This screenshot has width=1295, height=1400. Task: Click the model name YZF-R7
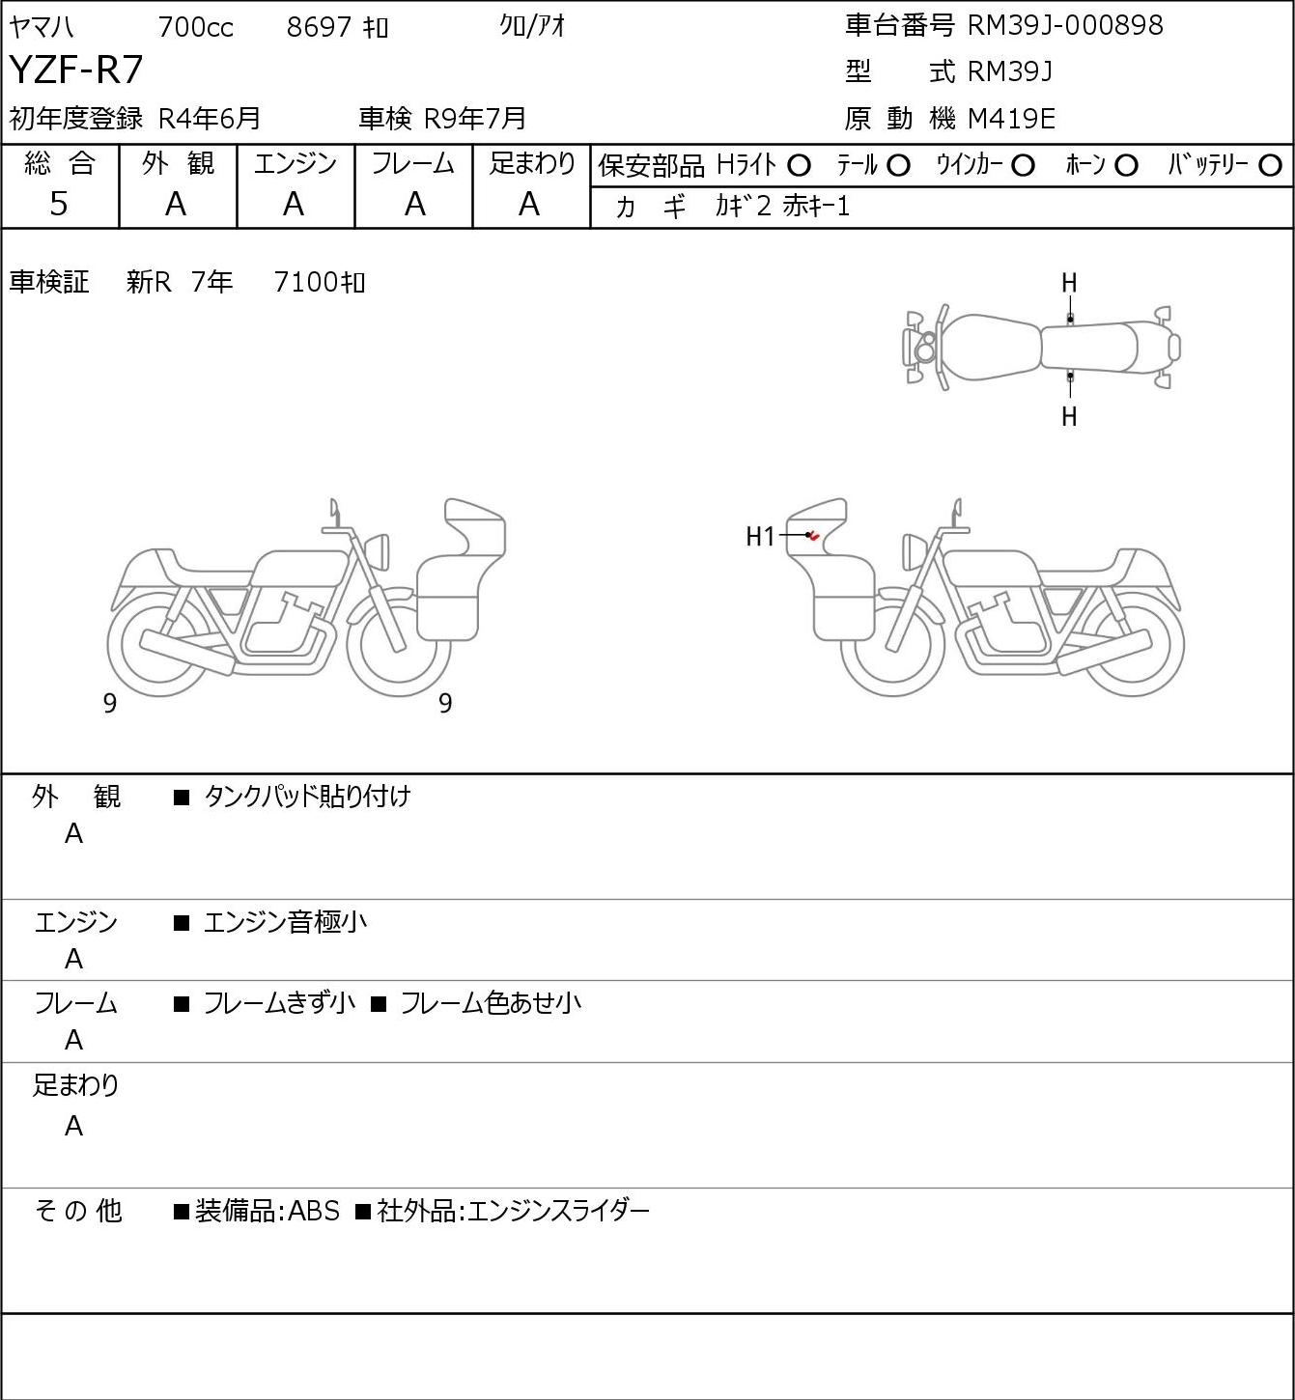point(76,70)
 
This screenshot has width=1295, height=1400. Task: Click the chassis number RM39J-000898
point(1065,25)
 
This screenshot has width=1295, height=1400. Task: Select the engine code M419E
point(1011,119)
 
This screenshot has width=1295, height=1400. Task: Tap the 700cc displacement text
point(195,27)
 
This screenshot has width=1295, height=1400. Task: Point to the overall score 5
point(59,204)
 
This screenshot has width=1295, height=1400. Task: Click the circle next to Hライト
point(799,166)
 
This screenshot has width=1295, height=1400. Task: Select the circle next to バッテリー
point(1270,166)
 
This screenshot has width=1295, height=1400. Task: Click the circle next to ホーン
point(1126,166)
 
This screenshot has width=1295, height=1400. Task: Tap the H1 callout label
point(760,537)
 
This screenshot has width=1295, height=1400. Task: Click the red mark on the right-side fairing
point(814,537)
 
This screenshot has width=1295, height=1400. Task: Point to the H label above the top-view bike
point(1069,284)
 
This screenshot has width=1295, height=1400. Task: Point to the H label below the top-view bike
point(1069,416)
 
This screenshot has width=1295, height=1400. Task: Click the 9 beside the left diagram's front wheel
point(445,703)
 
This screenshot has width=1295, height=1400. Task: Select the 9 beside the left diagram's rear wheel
point(109,703)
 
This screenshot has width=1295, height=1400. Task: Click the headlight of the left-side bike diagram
point(379,552)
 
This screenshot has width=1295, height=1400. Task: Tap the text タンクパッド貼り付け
point(307,797)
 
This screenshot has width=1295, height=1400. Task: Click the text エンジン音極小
point(285,922)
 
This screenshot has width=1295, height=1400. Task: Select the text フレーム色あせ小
point(491,1003)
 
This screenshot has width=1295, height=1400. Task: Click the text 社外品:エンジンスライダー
point(513,1211)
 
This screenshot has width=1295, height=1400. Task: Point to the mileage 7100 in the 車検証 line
point(306,283)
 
